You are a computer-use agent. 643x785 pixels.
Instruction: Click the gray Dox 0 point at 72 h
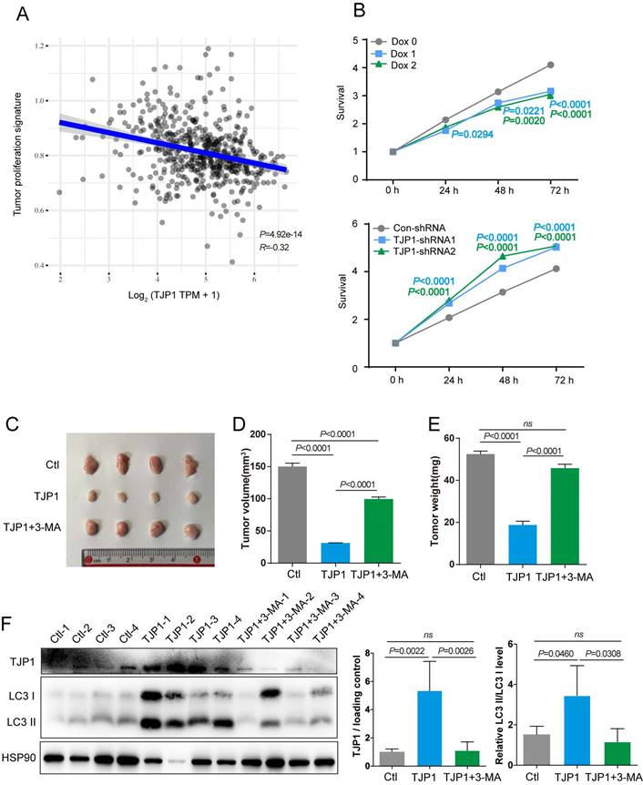tap(601, 65)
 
